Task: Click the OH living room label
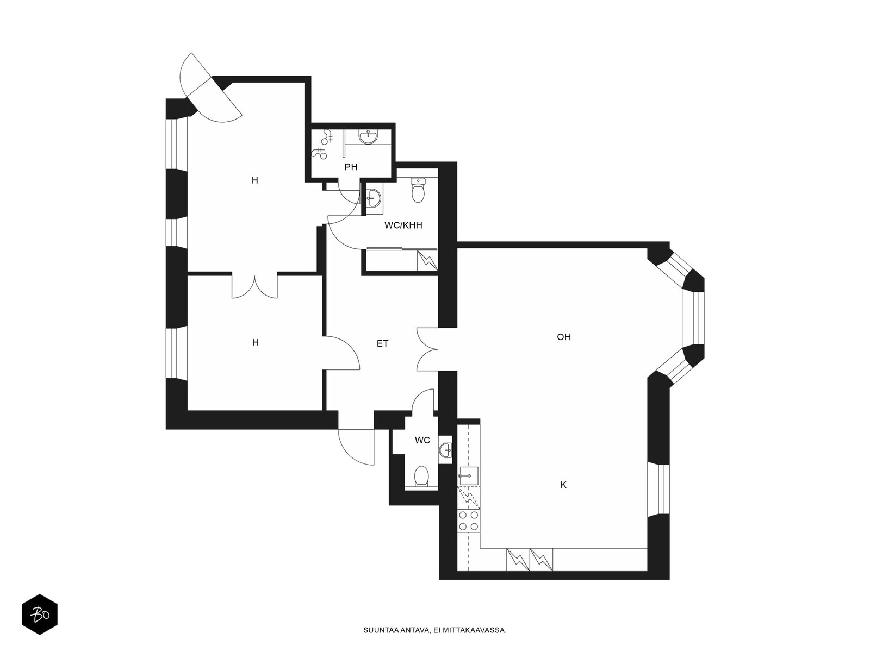(564, 337)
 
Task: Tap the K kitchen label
(563, 485)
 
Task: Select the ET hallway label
(383, 343)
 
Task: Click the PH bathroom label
(351, 167)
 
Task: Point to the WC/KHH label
(403, 225)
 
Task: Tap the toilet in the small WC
(421, 476)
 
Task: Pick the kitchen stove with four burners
(469, 521)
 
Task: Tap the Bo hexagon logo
(39, 615)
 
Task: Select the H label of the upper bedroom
(255, 180)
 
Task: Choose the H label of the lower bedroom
(256, 342)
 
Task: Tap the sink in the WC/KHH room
(374, 198)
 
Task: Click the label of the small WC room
(422, 440)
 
